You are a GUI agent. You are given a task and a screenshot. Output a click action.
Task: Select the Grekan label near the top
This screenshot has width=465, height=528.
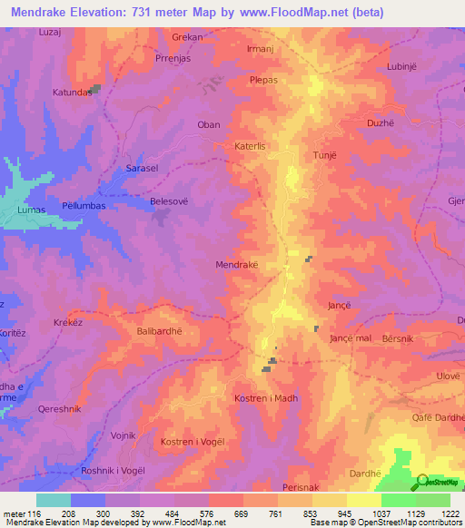click(187, 38)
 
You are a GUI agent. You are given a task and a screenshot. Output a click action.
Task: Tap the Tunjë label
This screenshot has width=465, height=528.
click(324, 155)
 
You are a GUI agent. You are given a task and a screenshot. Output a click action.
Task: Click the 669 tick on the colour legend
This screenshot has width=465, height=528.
click(242, 513)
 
